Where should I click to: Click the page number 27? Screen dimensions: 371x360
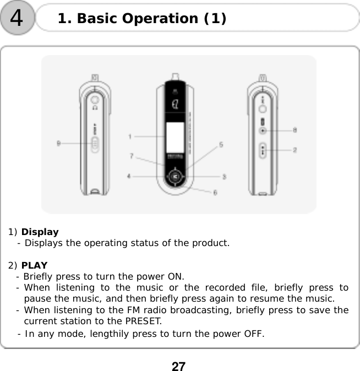(x=178, y=365)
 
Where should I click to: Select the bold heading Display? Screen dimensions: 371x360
(x=40, y=232)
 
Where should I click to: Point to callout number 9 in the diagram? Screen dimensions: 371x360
(x=59, y=144)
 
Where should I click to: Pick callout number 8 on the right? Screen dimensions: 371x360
(x=295, y=130)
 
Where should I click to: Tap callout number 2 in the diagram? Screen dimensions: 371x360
(x=295, y=149)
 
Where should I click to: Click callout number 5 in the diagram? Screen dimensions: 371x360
(x=221, y=145)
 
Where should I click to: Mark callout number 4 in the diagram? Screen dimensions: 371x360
(x=129, y=176)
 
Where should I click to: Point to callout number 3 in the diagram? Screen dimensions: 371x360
(x=224, y=176)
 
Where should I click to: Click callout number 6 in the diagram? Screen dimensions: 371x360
(x=215, y=192)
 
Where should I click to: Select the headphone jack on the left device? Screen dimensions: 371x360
(x=94, y=100)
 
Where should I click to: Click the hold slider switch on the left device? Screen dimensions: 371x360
(x=95, y=144)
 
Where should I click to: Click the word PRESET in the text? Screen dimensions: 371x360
(x=142, y=321)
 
